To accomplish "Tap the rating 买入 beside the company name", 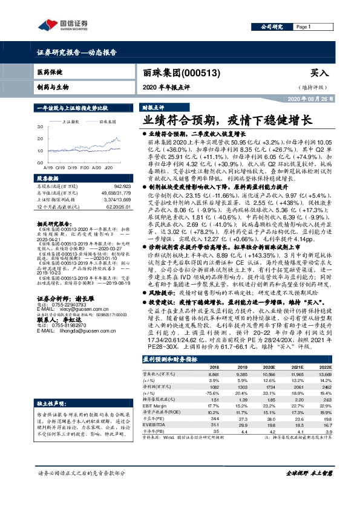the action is click(318, 72).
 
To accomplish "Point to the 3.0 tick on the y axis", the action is click(41, 126).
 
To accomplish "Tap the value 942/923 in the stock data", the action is click(122, 186).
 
